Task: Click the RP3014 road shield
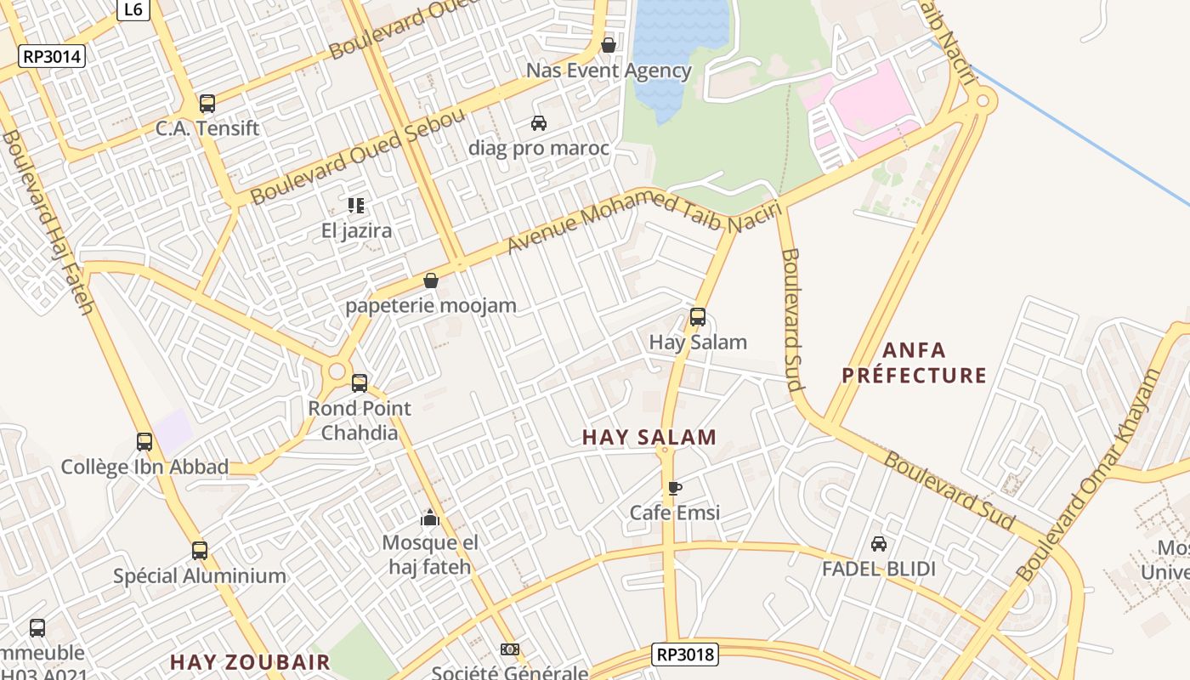click(x=52, y=57)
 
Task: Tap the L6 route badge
click(x=133, y=9)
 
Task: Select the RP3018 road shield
click(x=685, y=654)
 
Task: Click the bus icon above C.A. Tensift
click(x=207, y=104)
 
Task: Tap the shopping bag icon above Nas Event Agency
click(x=609, y=45)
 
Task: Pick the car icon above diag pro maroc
click(x=539, y=123)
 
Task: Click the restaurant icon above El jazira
click(x=356, y=206)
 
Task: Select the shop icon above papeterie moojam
click(x=431, y=280)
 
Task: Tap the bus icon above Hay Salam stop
click(x=698, y=317)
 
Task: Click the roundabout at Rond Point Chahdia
click(x=337, y=371)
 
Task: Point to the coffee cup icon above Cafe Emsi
click(x=674, y=488)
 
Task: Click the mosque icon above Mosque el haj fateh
click(x=430, y=518)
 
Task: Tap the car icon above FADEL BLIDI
click(x=879, y=544)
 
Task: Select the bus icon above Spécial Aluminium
click(x=200, y=551)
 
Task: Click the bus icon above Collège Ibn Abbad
click(x=144, y=442)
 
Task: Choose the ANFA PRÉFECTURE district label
click(x=915, y=363)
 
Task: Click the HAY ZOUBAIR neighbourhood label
click(x=250, y=662)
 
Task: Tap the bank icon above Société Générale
click(x=509, y=649)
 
